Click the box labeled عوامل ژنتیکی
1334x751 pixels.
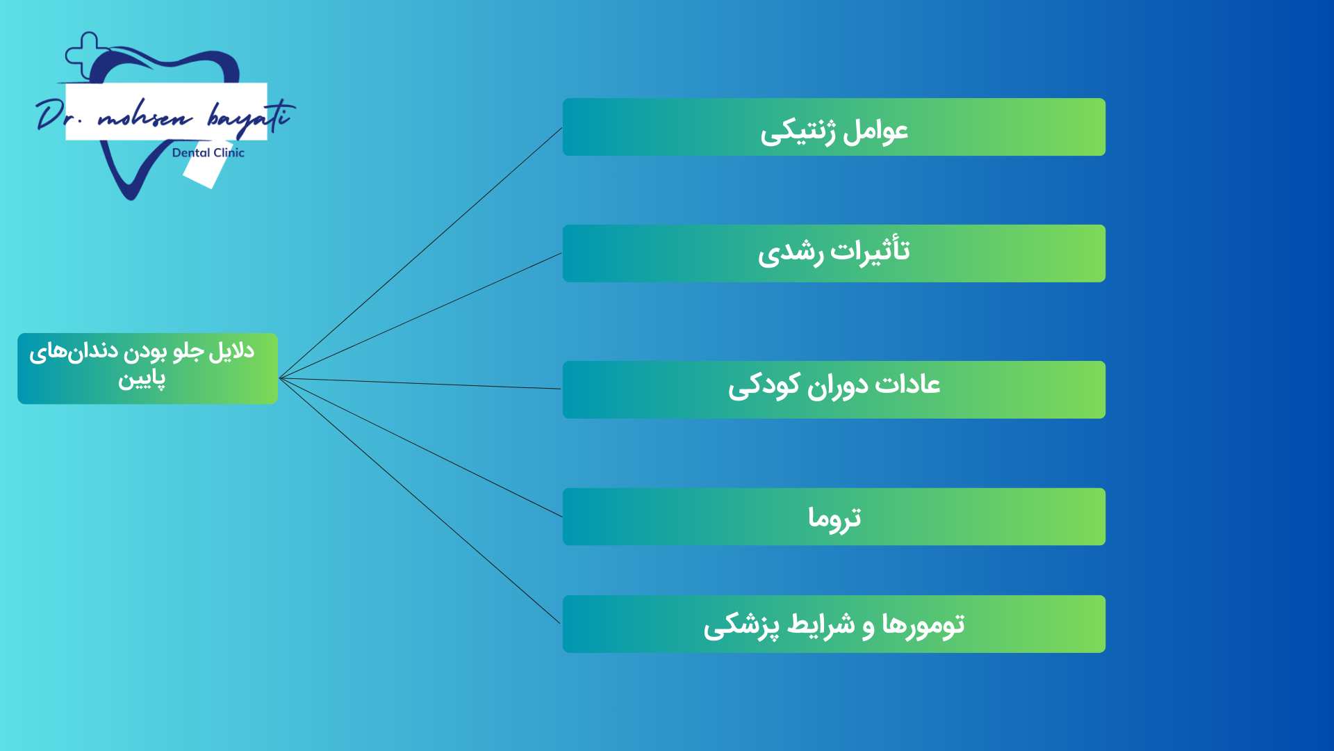tap(834, 127)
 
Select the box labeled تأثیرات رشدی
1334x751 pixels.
tap(834, 253)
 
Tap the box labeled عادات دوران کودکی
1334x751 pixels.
tap(834, 389)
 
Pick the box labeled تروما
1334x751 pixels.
tap(834, 517)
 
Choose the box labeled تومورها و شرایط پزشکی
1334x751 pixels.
tap(834, 624)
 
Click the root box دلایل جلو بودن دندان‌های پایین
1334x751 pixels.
tap(147, 369)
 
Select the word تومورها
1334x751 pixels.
tap(923, 624)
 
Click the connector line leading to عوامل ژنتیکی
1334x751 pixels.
tap(420, 253)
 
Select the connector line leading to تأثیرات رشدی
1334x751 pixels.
tap(420, 316)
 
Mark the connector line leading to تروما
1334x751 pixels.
tap(420, 448)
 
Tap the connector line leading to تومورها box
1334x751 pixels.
tap(420, 501)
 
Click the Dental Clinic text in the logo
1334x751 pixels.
tap(208, 153)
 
